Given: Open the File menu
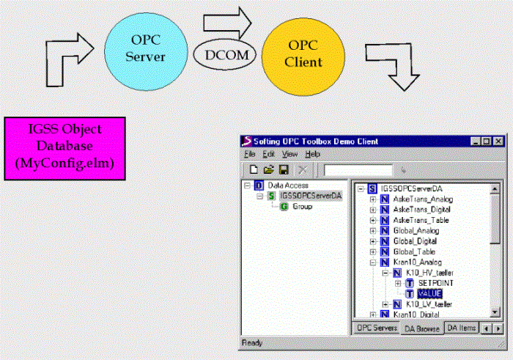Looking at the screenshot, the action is (250, 154).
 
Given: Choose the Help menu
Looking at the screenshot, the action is (313, 154).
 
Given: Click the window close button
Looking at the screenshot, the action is (498, 141).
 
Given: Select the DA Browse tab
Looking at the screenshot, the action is (421, 328).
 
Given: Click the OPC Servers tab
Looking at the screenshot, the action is (377, 328).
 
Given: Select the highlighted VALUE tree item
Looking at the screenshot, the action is (429, 293).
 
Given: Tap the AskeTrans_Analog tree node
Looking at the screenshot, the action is (422, 199).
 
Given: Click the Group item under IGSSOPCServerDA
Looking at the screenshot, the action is (302, 207).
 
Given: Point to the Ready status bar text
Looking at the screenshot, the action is (254, 343).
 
